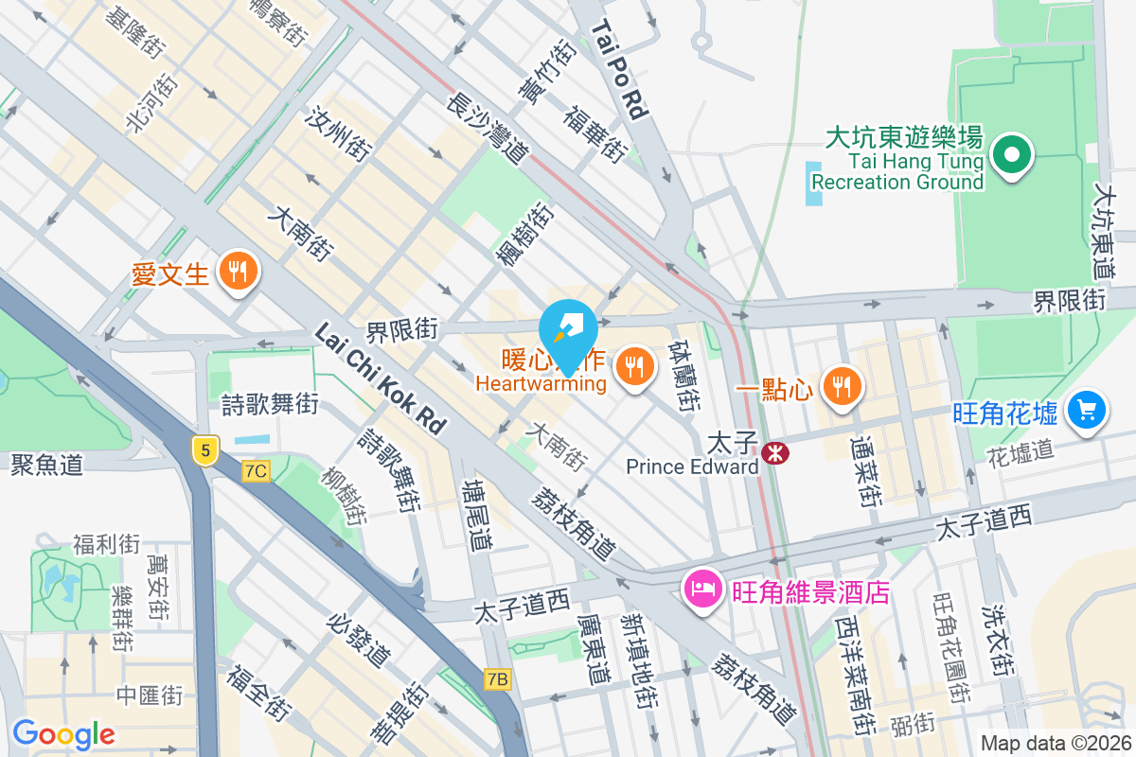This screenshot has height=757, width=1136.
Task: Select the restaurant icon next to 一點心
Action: (x=840, y=385)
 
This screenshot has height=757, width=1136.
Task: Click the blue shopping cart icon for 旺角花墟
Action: (x=1086, y=410)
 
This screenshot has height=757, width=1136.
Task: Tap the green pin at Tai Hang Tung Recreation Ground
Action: (x=1011, y=153)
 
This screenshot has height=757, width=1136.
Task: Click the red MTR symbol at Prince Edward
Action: (x=775, y=453)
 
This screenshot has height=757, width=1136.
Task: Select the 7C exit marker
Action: (x=256, y=470)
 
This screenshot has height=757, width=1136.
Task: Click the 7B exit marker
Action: (x=498, y=678)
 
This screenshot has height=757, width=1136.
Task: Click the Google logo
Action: (x=63, y=733)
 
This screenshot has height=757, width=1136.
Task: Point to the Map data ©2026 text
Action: (x=1055, y=743)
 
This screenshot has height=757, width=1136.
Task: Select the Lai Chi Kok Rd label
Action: (x=379, y=378)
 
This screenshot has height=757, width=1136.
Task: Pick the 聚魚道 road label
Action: (x=47, y=464)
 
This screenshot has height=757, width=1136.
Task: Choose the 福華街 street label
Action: (x=595, y=133)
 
